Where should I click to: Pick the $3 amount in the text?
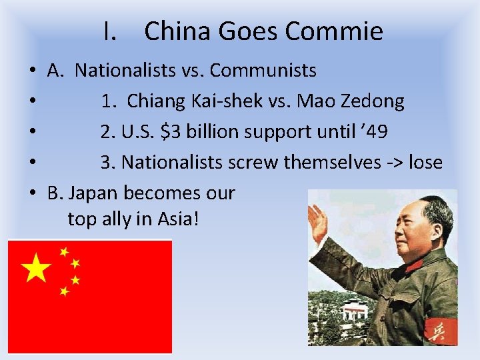[170, 131]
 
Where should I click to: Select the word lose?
[425, 162]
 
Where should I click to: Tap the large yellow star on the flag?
[37, 269]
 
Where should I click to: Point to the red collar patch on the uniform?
[414, 265]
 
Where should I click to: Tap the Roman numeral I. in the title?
[111, 31]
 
